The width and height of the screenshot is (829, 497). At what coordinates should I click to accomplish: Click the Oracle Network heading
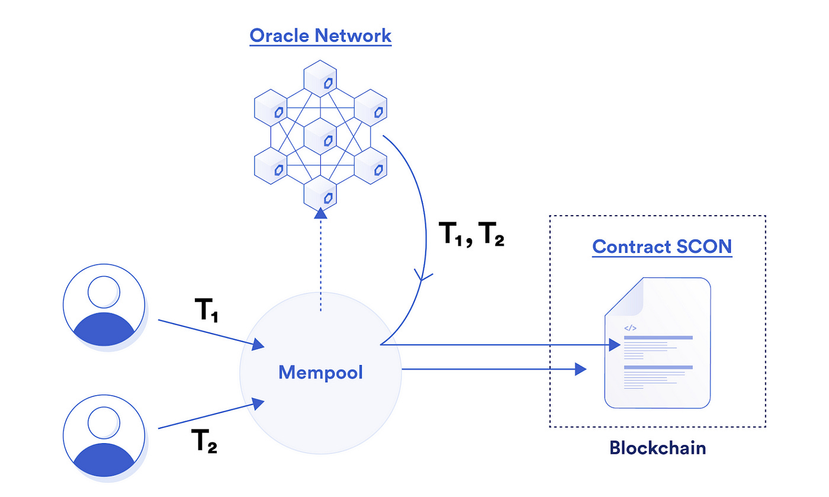(x=320, y=36)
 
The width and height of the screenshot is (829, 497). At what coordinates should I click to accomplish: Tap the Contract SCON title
(x=662, y=246)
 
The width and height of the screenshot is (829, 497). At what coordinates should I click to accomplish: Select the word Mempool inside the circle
(x=320, y=373)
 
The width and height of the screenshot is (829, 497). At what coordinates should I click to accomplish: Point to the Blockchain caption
(x=657, y=447)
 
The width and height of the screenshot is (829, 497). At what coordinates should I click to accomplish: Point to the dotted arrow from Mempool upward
(x=320, y=261)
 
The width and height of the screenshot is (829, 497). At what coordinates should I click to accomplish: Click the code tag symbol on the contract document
(x=630, y=327)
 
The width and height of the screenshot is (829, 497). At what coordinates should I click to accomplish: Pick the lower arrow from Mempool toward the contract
(x=491, y=370)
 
